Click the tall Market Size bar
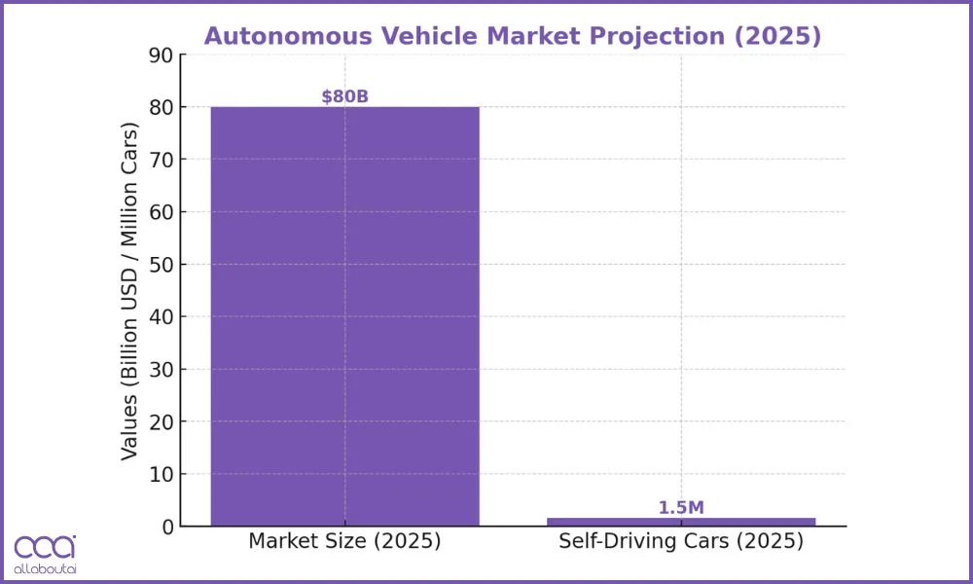(344, 316)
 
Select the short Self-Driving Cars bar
(681, 522)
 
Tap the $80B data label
(344, 96)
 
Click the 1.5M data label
(681, 507)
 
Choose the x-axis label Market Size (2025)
(344, 542)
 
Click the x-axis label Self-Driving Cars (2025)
(681, 542)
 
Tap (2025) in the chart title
(778, 36)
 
